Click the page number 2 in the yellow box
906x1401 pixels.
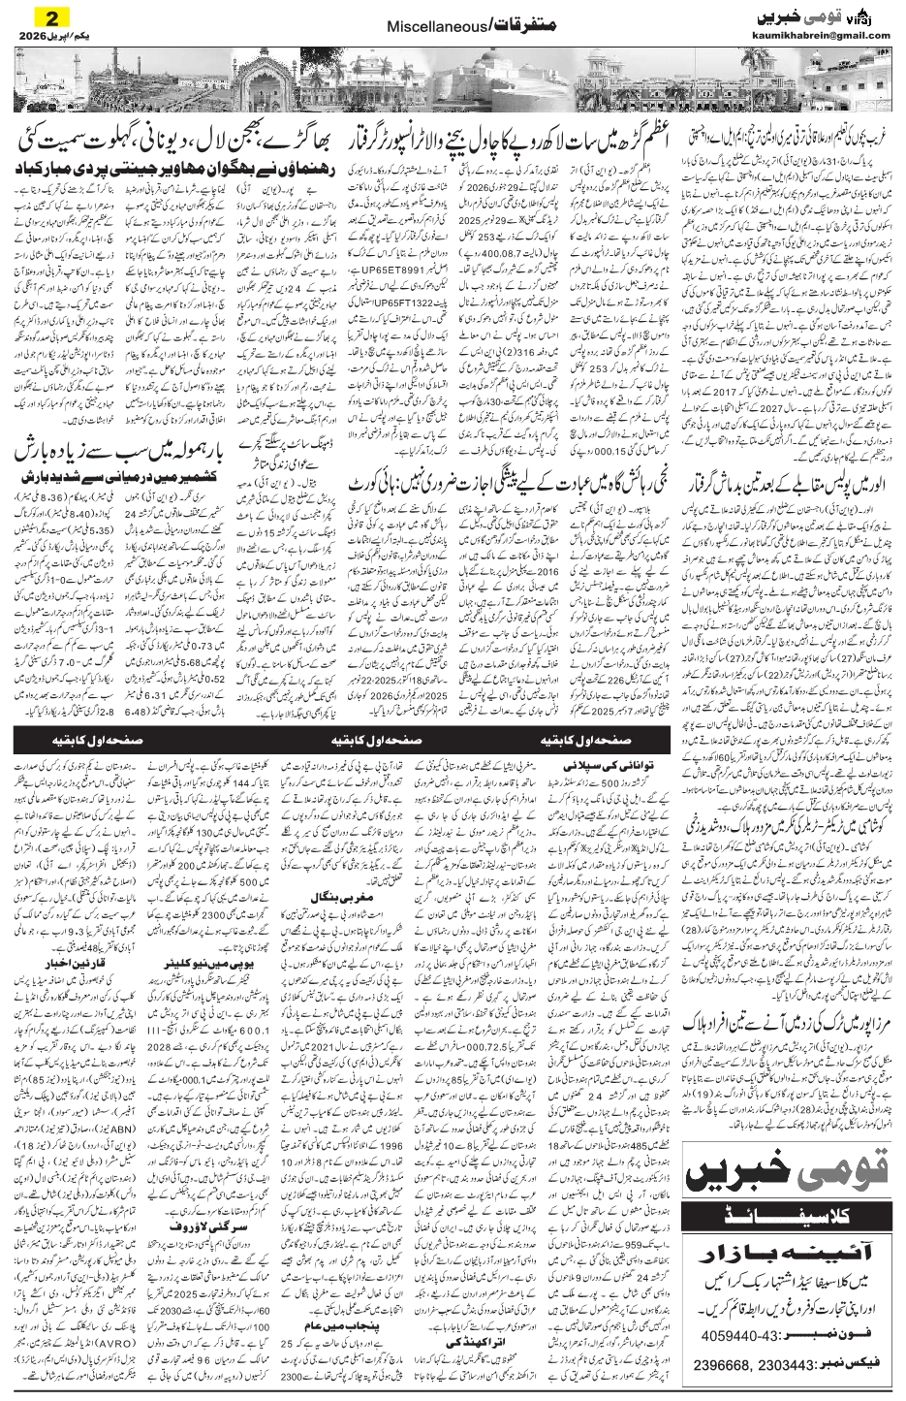(50, 17)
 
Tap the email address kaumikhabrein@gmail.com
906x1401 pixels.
(820, 36)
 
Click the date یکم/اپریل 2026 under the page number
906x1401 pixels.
(49, 36)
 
